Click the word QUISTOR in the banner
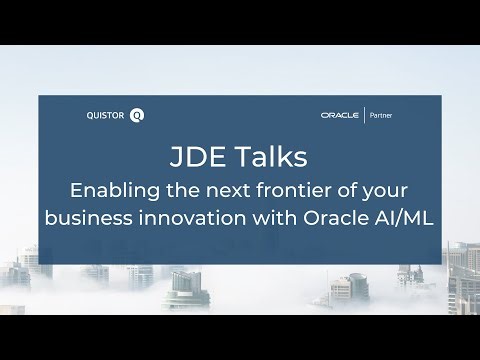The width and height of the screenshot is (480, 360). pyautogui.click(x=108, y=115)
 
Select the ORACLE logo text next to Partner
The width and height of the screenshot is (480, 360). pyautogui.click(x=342, y=115)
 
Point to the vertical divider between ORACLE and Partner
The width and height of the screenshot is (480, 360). pyautogui.click(x=366, y=115)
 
